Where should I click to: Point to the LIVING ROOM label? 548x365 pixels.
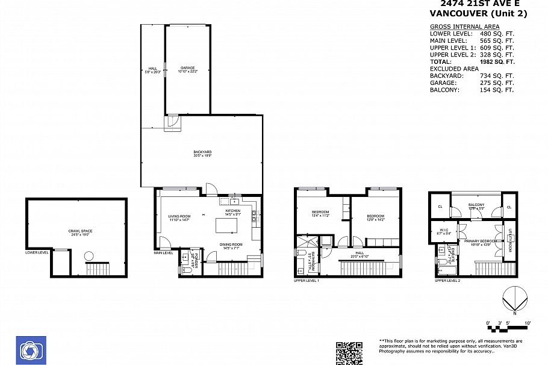click(179, 217)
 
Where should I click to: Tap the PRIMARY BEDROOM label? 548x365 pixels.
click(479, 243)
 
